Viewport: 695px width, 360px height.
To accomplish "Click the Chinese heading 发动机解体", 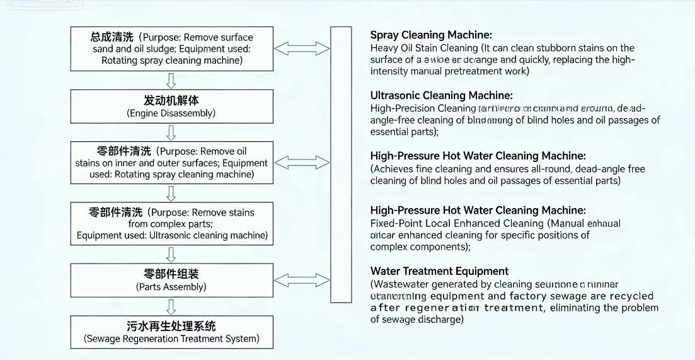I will point(171,101).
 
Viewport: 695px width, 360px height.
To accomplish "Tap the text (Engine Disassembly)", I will point(171,113).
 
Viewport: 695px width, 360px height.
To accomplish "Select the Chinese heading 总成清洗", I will point(113,37).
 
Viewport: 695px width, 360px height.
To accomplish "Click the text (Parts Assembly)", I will point(171,287).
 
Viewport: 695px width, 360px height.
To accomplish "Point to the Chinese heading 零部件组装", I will point(171,274).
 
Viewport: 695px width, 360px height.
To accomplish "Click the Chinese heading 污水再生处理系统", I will point(171,326).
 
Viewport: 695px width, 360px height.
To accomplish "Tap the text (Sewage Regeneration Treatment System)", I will point(171,339).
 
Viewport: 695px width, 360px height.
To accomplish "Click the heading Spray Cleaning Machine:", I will point(431,35).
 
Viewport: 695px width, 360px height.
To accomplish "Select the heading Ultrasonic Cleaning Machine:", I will point(441,96).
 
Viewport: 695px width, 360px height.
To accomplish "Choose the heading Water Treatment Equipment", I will point(439,271).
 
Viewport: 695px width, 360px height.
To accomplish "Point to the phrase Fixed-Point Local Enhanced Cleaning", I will point(457,223).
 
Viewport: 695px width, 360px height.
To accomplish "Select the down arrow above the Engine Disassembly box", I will point(171,80).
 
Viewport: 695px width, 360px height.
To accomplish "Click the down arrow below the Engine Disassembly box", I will point(171,132).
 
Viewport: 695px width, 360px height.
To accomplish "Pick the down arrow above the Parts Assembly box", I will point(171,254).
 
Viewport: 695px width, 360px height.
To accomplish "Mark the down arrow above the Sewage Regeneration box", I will point(171,306).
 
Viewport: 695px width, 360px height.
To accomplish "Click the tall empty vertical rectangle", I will point(341,165).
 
